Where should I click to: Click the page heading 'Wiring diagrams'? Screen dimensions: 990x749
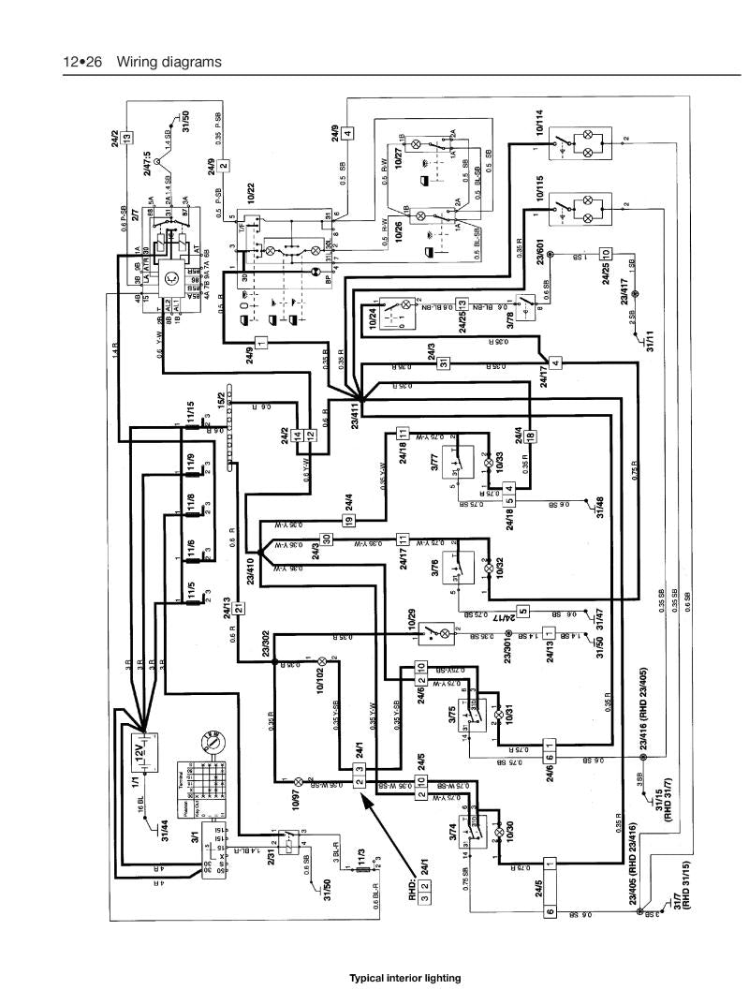pyautogui.click(x=169, y=63)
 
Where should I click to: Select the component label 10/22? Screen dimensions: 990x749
pyautogui.click(x=251, y=191)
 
